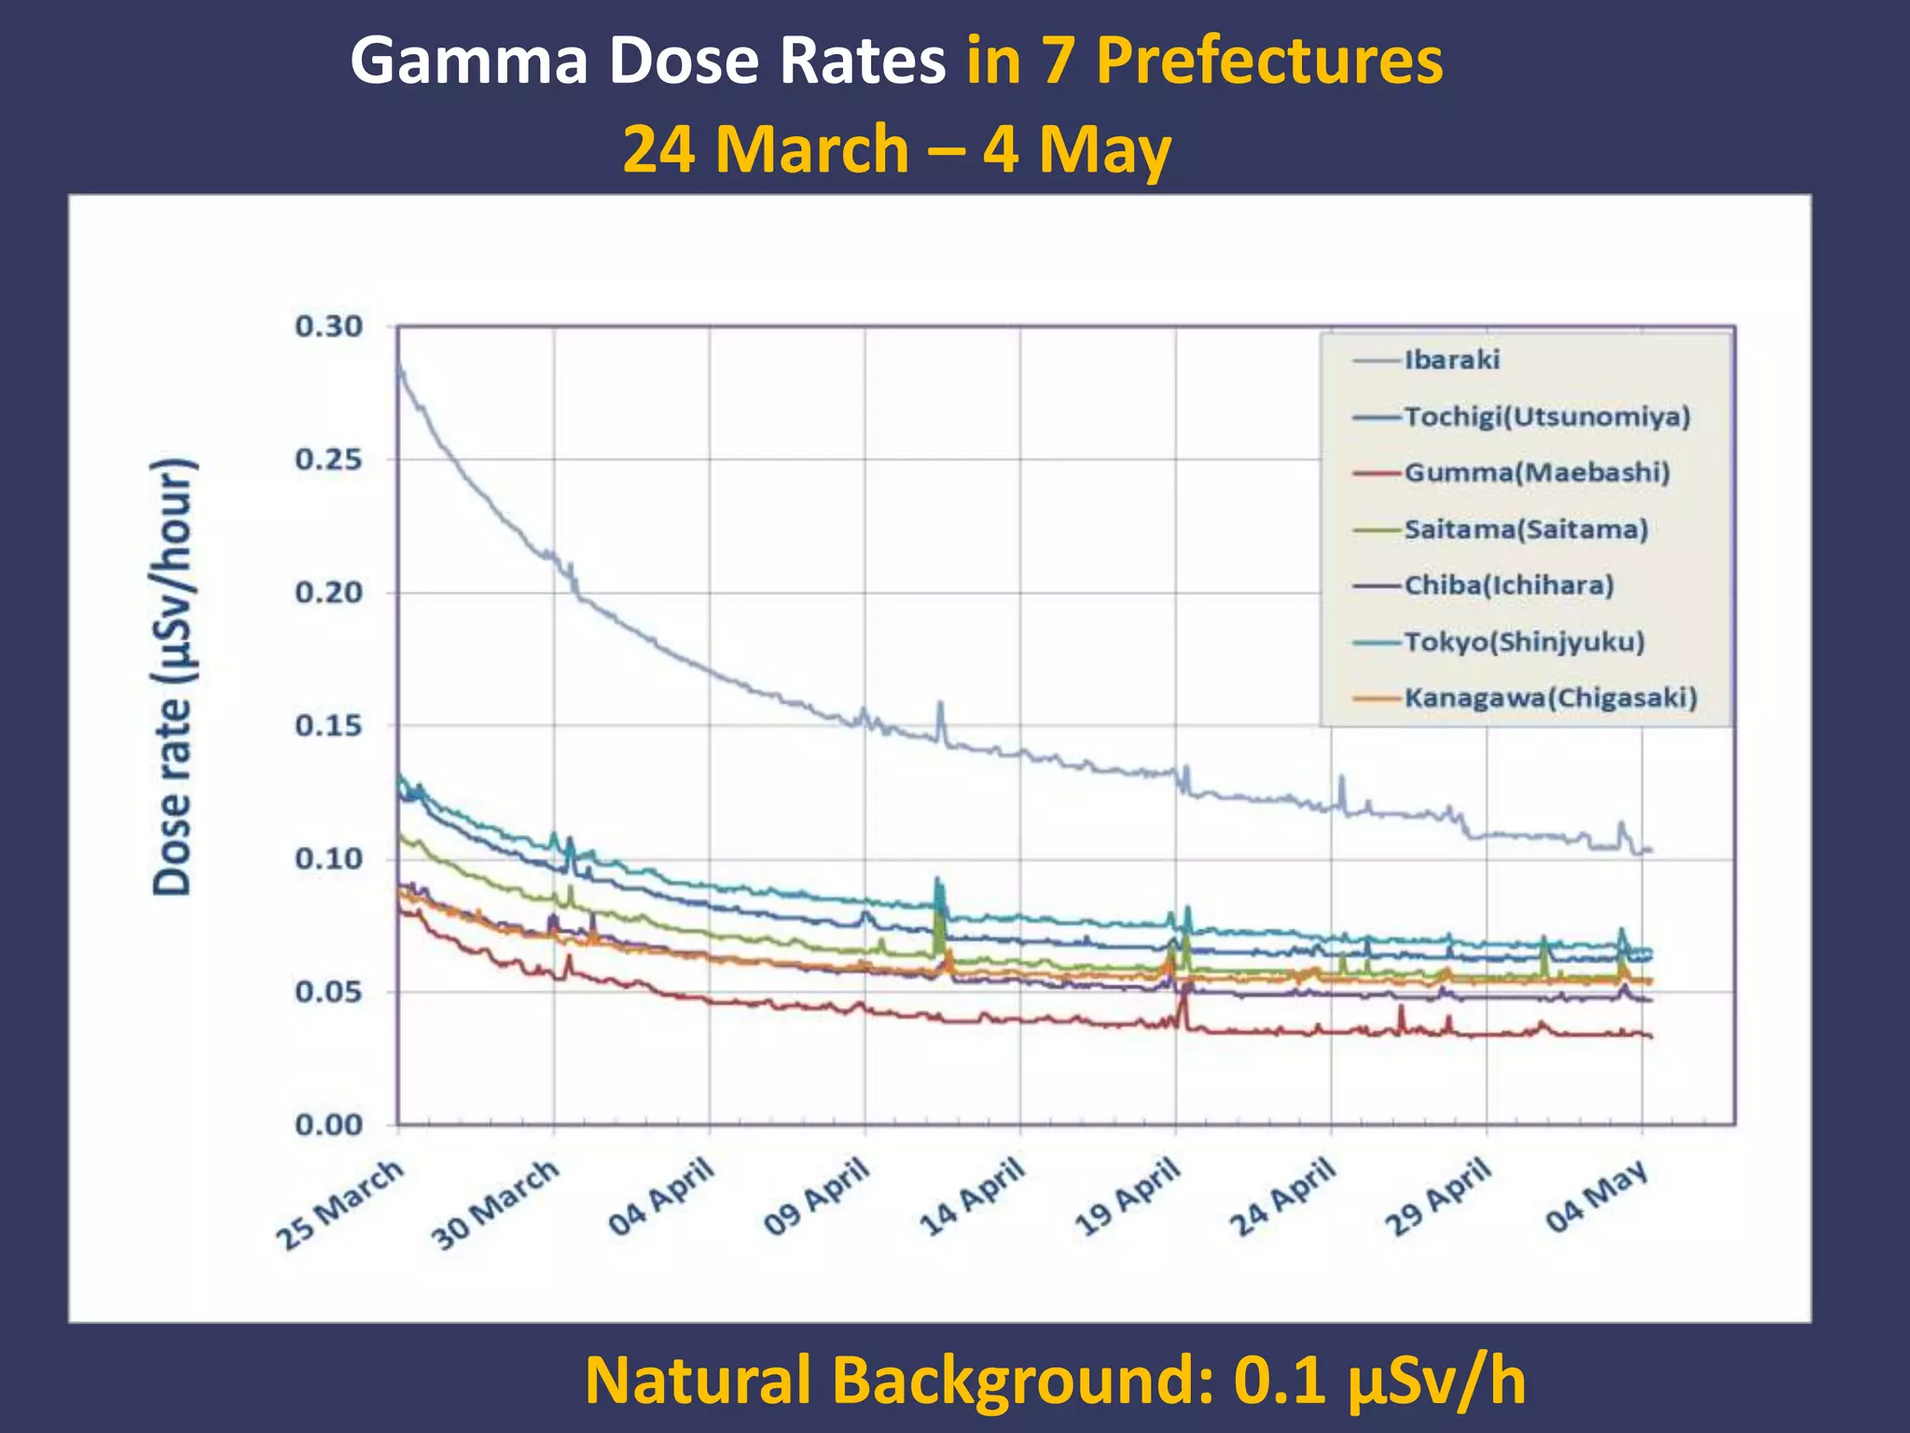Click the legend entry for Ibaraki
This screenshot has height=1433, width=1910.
tap(1451, 360)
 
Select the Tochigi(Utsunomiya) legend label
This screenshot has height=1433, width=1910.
tap(1546, 417)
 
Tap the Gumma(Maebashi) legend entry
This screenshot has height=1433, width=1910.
tap(1536, 473)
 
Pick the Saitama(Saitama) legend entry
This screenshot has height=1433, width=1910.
tap(1526, 530)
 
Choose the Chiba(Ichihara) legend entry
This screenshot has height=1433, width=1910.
tap(1508, 586)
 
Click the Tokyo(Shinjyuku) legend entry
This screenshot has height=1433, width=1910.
tap(1524, 642)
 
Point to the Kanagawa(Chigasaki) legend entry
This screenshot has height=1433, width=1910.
tap(1550, 698)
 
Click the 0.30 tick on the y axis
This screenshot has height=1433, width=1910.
tap(328, 327)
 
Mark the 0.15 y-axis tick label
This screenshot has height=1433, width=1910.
tap(328, 726)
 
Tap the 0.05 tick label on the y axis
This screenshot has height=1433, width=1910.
tap(328, 992)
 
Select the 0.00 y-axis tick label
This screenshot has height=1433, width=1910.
tap(328, 1125)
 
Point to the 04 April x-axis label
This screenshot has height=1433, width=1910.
tap(661, 1196)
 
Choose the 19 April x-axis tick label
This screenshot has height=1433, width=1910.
tap(1128, 1196)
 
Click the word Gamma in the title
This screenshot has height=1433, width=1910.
tap(469, 62)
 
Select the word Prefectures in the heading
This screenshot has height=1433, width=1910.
tap(1268, 62)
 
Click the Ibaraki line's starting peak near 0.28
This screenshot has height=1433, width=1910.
tap(400, 367)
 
